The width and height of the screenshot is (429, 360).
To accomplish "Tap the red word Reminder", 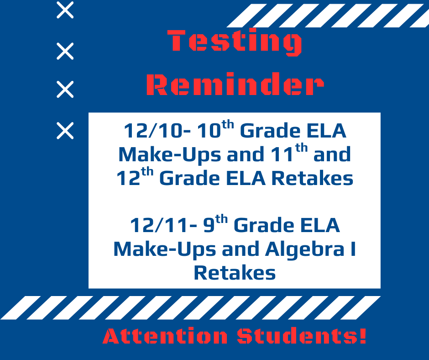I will tap(235, 85).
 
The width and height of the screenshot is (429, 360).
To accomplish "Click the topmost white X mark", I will tap(65, 10).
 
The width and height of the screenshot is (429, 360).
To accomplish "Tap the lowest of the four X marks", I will tap(65, 131).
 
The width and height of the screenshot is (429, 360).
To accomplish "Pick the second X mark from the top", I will tap(65, 51).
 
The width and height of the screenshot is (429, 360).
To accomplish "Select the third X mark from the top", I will tap(65, 90).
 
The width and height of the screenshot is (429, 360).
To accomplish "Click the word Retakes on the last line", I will tap(235, 273).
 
